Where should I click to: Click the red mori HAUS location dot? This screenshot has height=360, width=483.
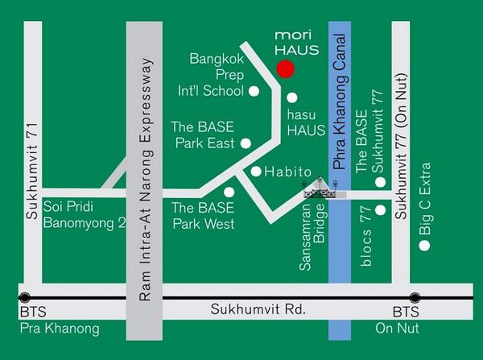coord(284,68)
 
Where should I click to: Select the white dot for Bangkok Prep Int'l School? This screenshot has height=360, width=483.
coord(254,91)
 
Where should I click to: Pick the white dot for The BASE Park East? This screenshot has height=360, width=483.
coord(246,143)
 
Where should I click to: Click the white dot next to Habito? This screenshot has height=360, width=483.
coord(256,172)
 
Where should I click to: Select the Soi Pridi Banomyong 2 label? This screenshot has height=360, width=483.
coord(85,214)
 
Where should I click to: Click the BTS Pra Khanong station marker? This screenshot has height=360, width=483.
coord(26,297)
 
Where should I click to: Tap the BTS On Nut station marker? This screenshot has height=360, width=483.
coord(415,297)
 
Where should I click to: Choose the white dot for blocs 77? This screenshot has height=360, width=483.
coord(380,211)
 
